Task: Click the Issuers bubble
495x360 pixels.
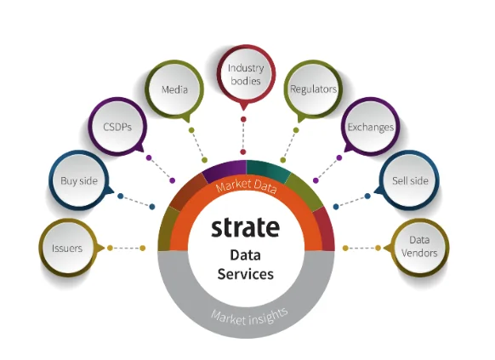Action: (x=68, y=248)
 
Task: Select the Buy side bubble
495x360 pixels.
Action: (x=79, y=180)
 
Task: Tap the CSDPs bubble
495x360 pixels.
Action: (x=117, y=127)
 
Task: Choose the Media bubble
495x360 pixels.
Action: (x=174, y=89)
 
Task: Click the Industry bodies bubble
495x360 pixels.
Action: (x=246, y=74)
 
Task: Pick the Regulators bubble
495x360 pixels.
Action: (x=313, y=89)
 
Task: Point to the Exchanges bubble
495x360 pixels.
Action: (x=370, y=127)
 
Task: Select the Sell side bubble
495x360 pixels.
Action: (x=409, y=180)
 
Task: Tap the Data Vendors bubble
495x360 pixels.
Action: (x=419, y=247)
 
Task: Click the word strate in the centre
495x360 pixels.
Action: (x=245, y=227)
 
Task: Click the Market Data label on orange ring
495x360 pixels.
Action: (x=247, y=186)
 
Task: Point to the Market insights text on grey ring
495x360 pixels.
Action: (x=249, y=317)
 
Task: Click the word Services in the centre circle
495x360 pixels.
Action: (x=245, y=274)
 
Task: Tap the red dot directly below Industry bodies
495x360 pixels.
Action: (x=243, y=119)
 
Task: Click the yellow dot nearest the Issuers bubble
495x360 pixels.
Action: (x=110, y=248)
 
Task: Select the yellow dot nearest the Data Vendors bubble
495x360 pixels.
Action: (x=378, y=248)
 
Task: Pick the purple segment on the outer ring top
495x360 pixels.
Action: (x=225, y=169)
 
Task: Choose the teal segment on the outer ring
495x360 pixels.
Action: (x=267, y=169)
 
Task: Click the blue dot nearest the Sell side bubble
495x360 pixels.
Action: (x=367, y=196)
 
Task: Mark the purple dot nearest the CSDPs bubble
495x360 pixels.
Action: (x=149, y=157)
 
